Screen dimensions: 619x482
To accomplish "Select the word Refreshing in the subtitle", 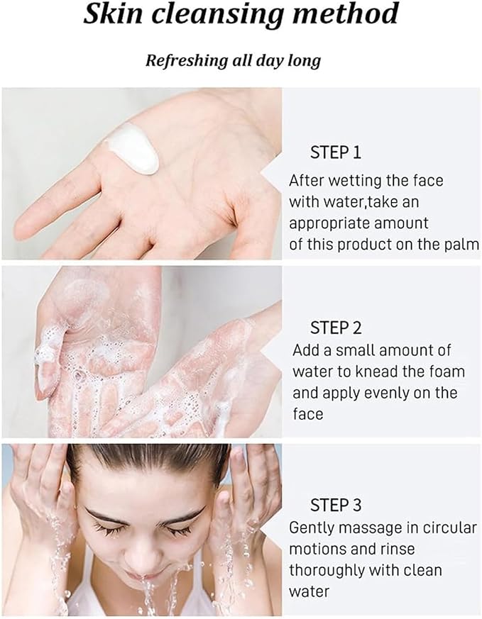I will [187, 61].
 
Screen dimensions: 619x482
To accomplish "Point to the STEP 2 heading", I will [336, 328].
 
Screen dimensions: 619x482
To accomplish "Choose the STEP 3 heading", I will [336, 506].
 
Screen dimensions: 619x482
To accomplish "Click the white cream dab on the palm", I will [134, 147].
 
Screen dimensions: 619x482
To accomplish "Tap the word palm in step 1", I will [462, 245].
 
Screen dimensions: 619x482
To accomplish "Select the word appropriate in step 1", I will [331, 223].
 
